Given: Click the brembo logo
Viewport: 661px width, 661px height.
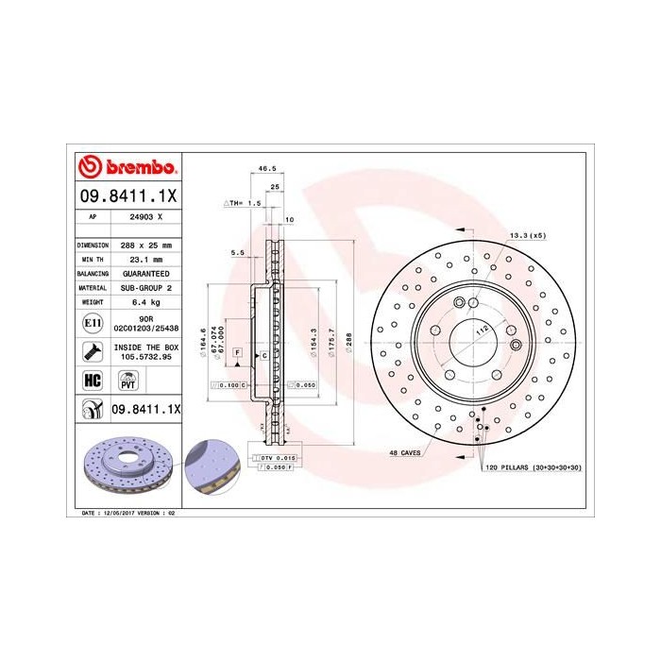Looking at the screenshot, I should point(127,168).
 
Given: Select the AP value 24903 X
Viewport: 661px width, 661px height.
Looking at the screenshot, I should point(145,216).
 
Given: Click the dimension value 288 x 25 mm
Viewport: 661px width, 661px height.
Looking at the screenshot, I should point(145,245).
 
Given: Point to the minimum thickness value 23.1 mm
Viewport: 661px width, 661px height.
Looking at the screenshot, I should point(145,259).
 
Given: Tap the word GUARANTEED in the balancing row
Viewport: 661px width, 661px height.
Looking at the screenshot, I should point(145,273).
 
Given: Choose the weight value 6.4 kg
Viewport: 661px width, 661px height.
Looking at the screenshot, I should point(145,301).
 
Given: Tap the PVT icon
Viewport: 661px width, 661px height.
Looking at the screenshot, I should point(127,380).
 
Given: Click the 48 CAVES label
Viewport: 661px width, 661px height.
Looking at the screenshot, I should point(404,454).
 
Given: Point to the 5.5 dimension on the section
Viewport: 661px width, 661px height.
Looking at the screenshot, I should point(238,253).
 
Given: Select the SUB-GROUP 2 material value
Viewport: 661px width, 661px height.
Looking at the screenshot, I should point(145,287).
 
